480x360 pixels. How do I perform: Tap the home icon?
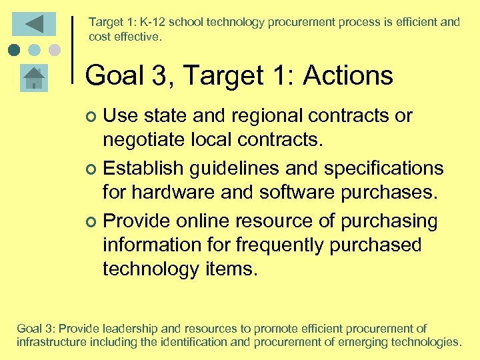(33, 78)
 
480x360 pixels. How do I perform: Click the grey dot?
(55, 49)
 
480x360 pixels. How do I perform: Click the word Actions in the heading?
(348, 75)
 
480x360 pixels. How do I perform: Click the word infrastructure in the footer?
(51, 343)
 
